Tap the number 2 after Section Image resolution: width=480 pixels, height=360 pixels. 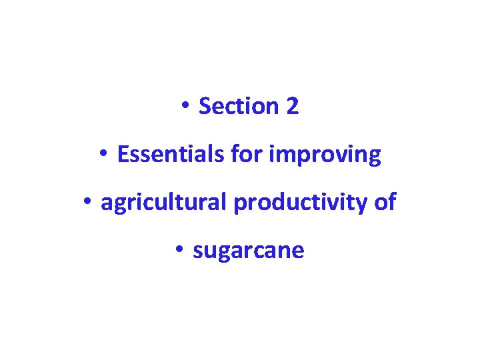coord(293,106)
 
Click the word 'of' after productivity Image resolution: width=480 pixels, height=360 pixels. coord(385,203)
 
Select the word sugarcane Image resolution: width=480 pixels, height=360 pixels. coord(248,251)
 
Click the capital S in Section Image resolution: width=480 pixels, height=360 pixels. coord(204,106)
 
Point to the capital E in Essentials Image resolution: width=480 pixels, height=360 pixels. coord(122,155)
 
